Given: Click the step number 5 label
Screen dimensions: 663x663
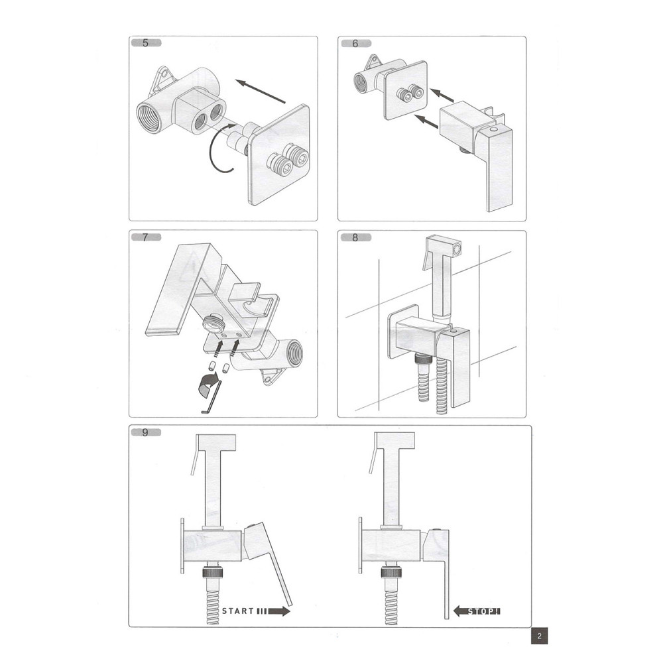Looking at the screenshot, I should pos(145,44).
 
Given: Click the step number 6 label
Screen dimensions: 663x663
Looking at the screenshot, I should pos(355,44).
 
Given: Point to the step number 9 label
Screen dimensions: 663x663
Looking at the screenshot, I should pos(145,433).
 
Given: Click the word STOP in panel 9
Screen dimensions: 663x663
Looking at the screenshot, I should pos(482,611).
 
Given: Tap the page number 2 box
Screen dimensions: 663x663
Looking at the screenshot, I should pos(540,636).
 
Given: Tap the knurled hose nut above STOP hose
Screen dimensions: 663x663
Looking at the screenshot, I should pos(393,572).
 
